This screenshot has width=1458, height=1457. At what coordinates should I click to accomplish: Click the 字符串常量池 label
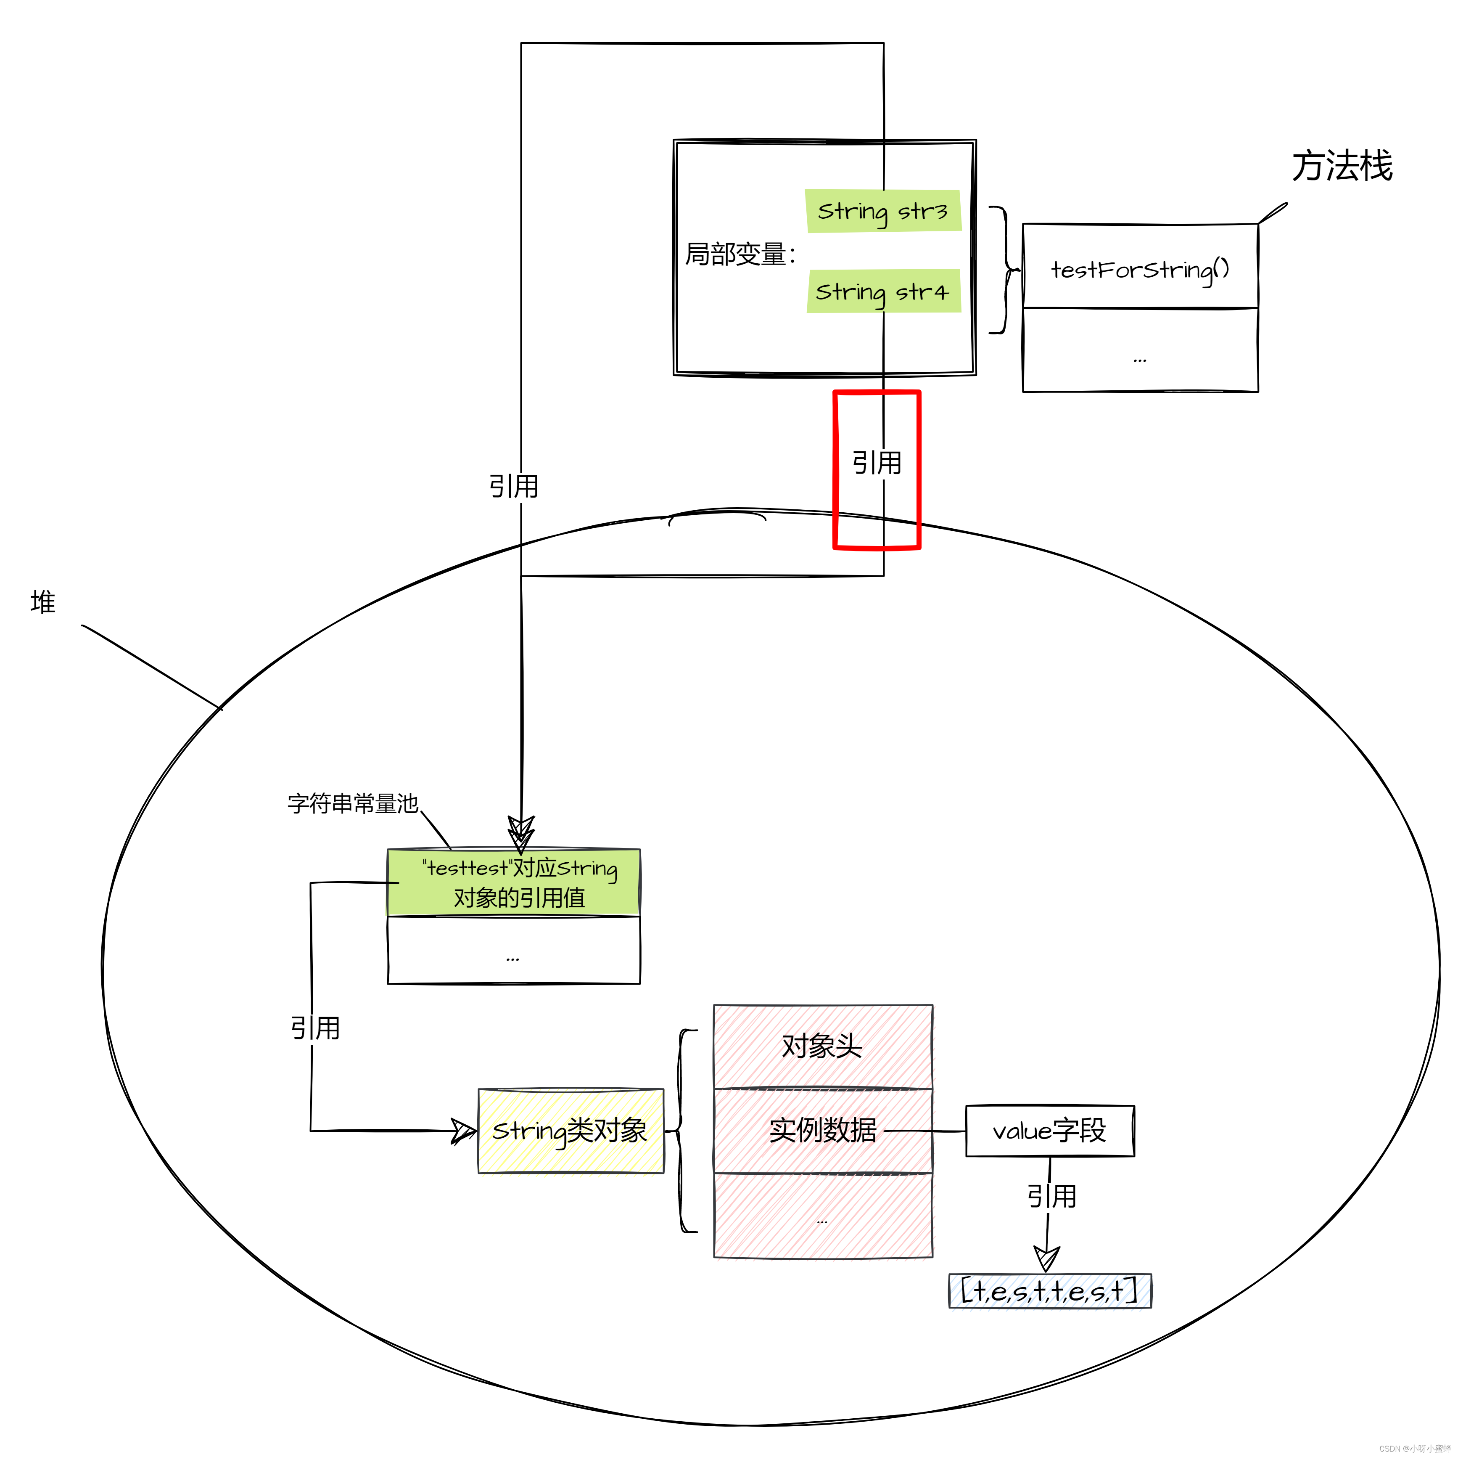point(352,803)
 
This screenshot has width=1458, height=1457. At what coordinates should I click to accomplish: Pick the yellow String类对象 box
point(571,1130)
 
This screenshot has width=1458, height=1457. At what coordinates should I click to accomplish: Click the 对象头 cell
point(823,1046)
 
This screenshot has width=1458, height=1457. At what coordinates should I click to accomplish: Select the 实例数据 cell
point(823,1130)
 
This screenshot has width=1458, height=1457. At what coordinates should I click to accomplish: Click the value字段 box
point(1049,1130)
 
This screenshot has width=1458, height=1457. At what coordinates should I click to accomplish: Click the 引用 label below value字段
point(1051,1196)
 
